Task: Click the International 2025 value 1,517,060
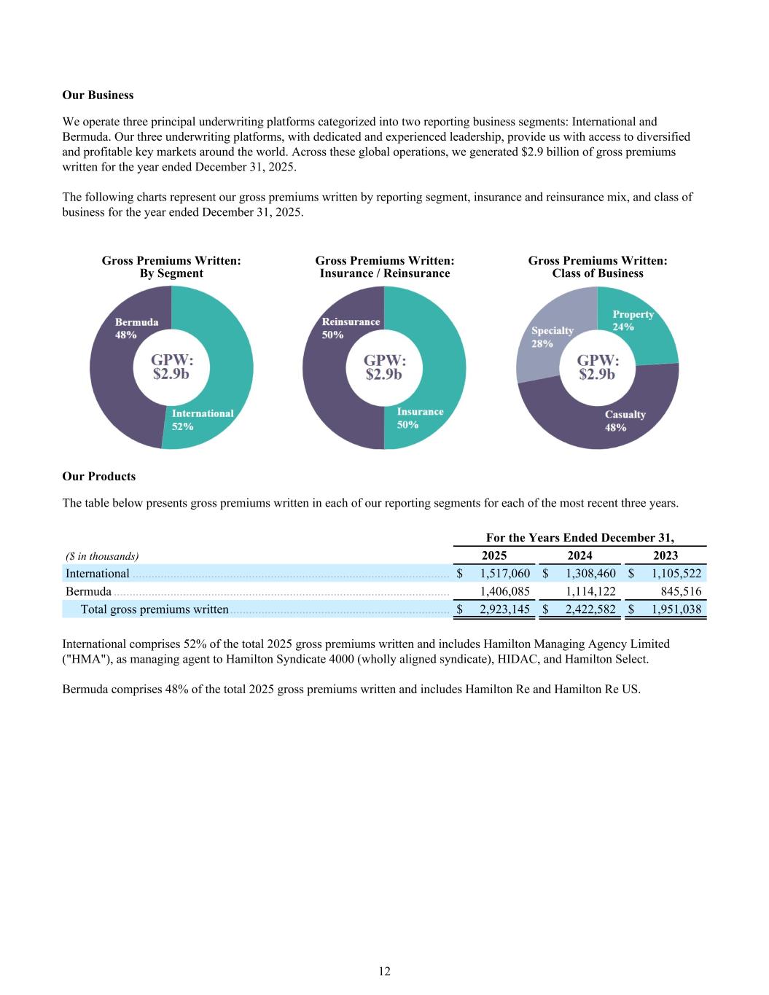504,574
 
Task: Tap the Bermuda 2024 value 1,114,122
590,591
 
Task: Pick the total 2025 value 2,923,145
504,609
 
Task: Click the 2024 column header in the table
579,555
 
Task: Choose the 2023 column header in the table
665,555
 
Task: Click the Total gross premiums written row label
155,609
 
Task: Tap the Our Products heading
99,476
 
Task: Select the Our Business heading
98,95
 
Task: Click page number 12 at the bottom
384,971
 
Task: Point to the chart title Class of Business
598,273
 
